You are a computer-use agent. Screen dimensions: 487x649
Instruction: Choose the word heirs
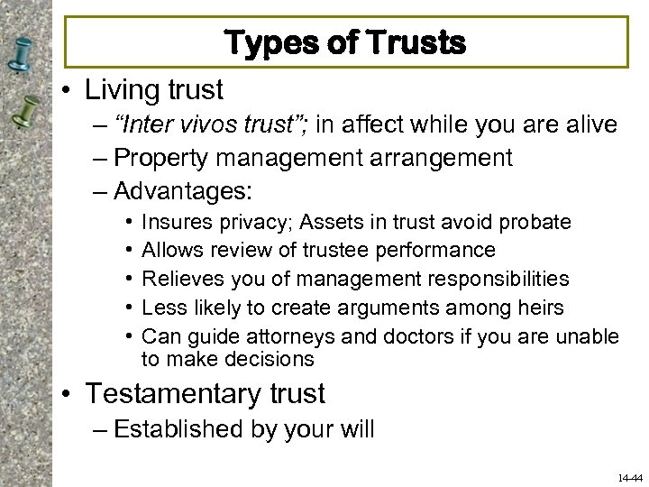point(539,308)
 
